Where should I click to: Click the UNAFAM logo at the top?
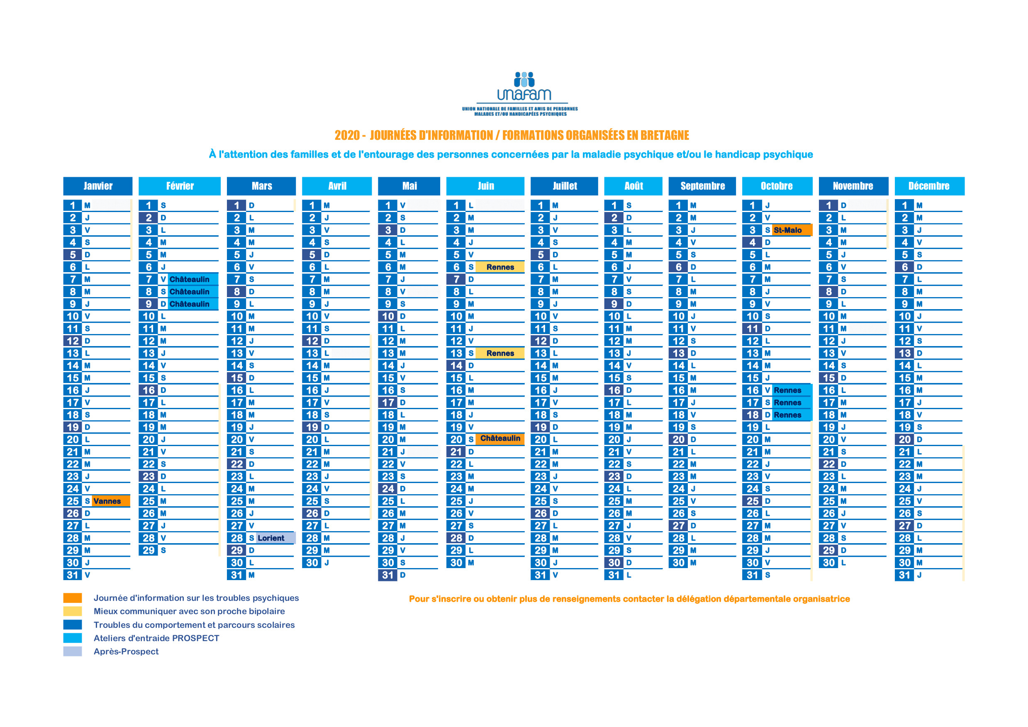[520, 94]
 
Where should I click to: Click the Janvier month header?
[97, 186]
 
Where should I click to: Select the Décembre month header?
[929, 186]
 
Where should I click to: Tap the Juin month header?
[485, 186]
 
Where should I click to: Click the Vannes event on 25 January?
[111, 501]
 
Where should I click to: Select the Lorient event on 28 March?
[275, 538]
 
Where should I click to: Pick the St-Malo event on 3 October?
[792, 230]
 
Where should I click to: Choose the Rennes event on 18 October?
[792, 415]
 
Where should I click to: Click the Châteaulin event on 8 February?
[193, 292]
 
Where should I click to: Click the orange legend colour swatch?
[73, 598]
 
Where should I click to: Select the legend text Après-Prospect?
[126, 651]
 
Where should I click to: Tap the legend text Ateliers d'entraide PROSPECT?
[156, 638]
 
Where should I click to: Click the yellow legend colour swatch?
[73, 611]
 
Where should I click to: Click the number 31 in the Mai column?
[388, 575]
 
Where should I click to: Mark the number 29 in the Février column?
[148, 551]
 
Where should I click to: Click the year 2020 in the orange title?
[347, 135]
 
